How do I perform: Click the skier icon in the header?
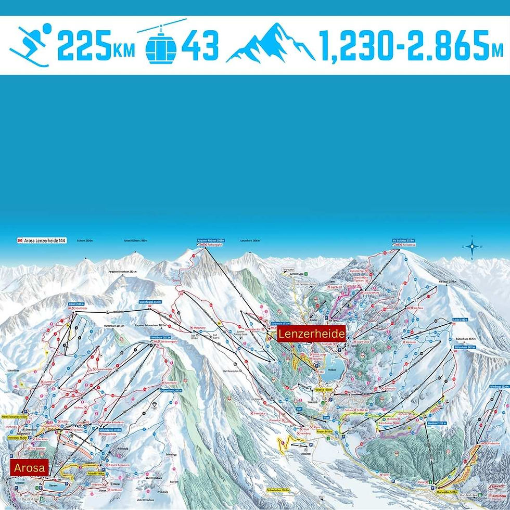[30, 45]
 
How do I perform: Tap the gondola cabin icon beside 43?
[161, 44]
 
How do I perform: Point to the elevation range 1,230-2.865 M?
[411, 46]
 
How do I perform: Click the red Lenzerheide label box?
[311, 334]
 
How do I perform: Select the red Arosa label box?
[29, 467]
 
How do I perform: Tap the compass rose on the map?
[472, 247]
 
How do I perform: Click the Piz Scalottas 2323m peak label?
[404, 240]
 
